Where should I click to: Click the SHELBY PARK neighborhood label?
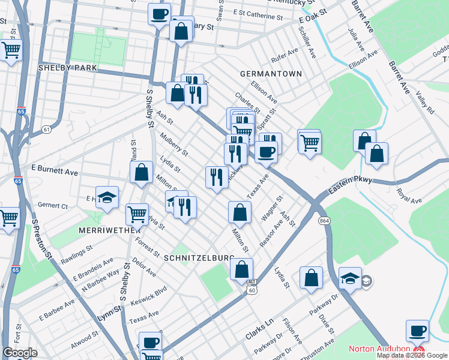pos(67,68)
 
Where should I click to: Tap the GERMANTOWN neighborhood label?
pos(270,73)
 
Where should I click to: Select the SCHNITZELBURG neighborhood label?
pos(199,257)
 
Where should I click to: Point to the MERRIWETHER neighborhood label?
pos(109,230)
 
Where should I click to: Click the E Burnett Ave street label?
pos(55,172)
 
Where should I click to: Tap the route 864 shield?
pos(325,221)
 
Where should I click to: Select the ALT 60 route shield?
pos(252,286)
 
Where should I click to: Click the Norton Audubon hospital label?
pos(380,349)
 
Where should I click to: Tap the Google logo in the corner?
pos(20,353)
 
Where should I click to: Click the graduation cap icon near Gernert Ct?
pos(107,197)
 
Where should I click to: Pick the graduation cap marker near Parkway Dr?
pos(350,278)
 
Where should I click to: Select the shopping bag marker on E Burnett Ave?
pos(141,172)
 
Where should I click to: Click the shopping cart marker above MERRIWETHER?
pos(137,213)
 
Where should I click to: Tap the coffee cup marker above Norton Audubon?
pos(417,330)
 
